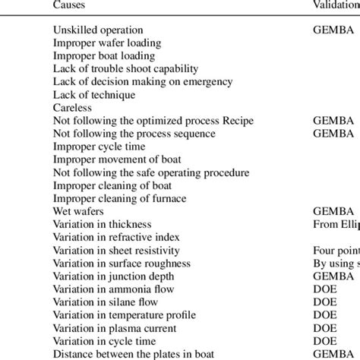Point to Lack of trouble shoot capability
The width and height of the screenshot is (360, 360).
[124, 68]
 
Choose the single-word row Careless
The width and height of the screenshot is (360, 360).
[72, 107]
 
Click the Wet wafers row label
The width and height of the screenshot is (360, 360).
[80, 211]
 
